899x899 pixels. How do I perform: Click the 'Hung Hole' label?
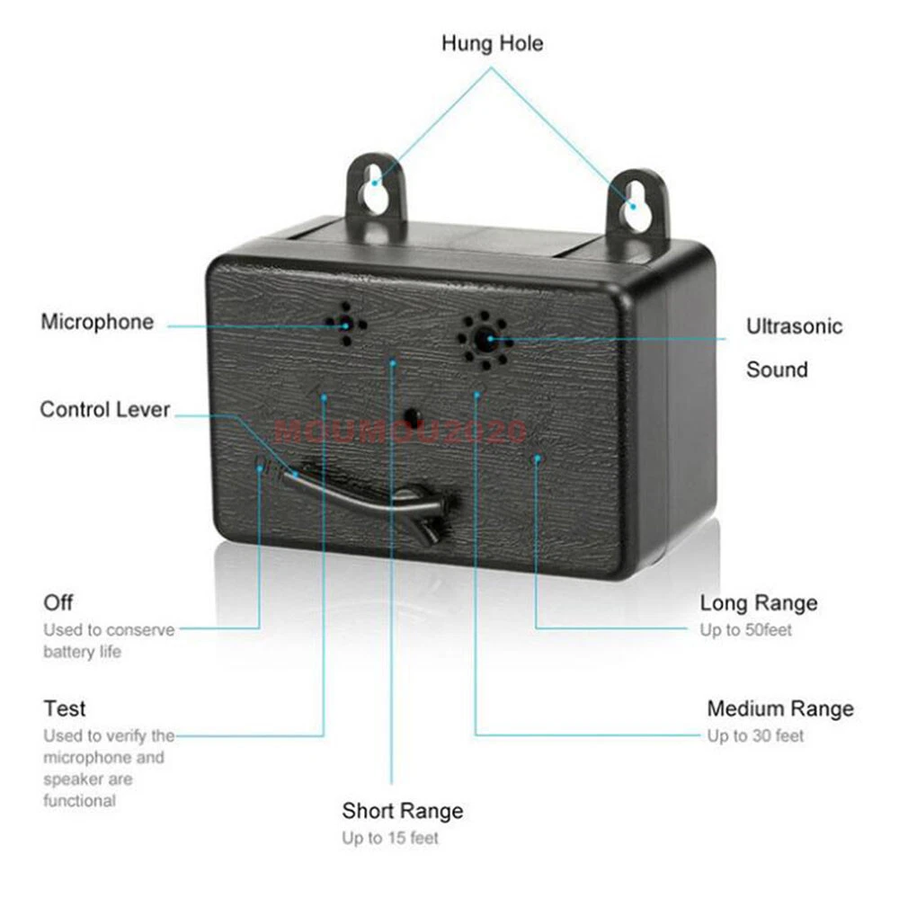492,43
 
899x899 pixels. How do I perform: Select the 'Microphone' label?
97,322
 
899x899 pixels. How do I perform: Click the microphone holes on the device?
346,325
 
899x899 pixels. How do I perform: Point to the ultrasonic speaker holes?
485,341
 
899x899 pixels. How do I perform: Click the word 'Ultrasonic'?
794,326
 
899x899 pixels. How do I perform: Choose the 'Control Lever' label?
105,409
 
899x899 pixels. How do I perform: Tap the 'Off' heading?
58,602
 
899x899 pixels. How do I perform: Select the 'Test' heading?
64,708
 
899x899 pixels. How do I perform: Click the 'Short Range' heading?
403,811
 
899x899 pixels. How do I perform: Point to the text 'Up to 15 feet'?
390,838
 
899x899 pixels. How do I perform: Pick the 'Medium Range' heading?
780,708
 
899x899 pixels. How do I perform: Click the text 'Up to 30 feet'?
755,735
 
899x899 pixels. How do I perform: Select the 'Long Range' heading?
759,603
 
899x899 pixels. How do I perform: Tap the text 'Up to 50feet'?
745,630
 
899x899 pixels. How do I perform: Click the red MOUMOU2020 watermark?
400,432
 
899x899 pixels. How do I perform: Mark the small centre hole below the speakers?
412,415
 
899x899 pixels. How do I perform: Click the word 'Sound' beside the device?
777,369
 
